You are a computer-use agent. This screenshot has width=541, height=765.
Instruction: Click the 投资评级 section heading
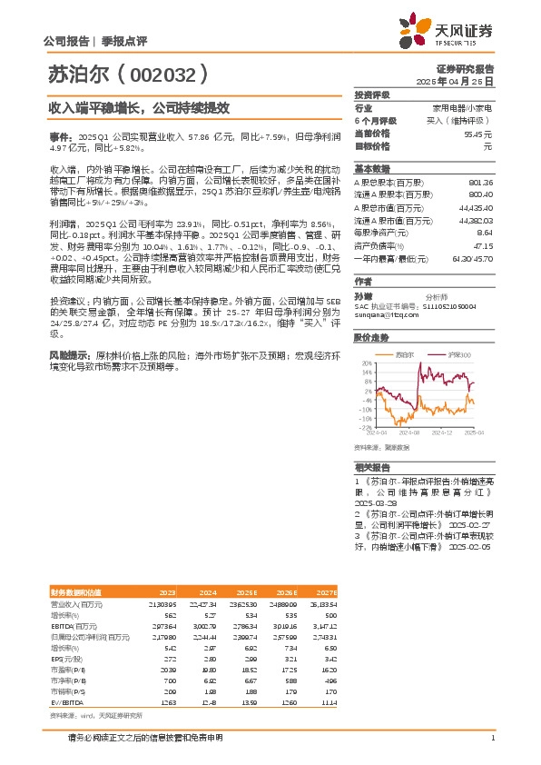372,94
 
